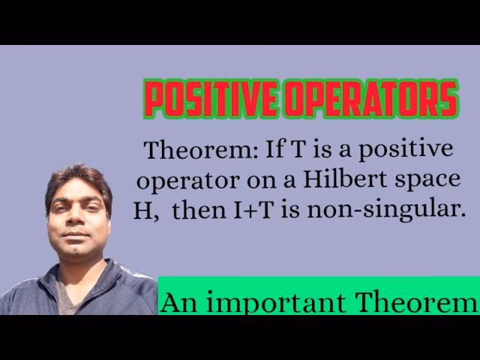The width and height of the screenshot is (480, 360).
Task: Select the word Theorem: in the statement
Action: (x=201, y=150)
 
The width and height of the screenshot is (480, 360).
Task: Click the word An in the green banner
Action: (x=176, y=301)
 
